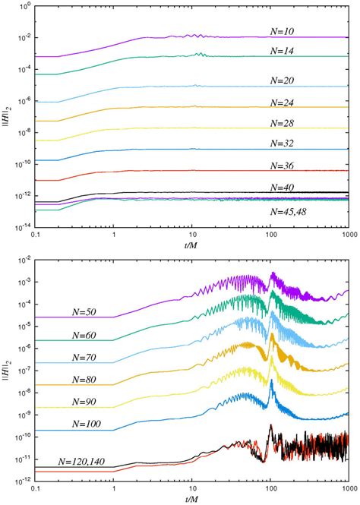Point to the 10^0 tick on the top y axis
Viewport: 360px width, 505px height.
[22, 6]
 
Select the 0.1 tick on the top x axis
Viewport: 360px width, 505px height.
[35, 235]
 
